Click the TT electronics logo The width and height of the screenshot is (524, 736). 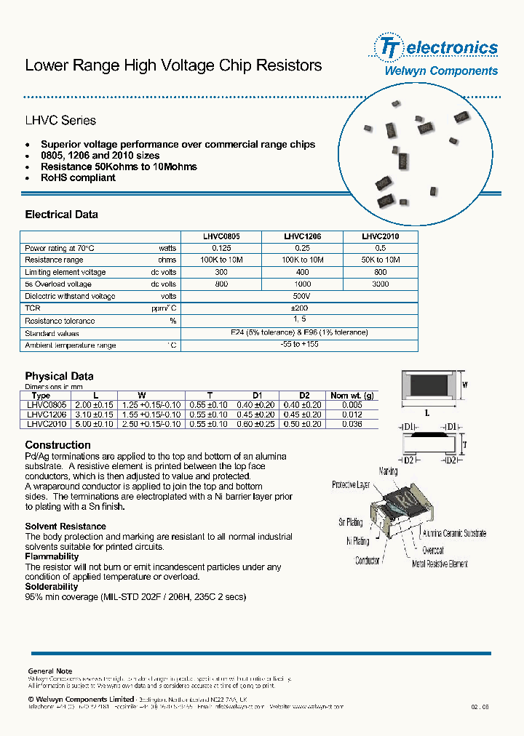436,48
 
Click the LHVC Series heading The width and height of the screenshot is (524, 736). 60,121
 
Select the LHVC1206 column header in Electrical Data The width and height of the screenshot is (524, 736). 302,236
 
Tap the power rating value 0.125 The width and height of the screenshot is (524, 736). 221,249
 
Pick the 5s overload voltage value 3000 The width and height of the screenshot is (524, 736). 380,284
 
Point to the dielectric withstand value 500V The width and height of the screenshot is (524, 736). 301,297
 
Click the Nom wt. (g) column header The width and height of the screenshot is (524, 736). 352,396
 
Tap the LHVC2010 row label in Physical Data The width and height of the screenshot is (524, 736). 47,423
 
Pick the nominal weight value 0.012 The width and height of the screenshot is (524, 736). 352,415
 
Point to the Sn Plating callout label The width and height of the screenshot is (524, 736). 350,522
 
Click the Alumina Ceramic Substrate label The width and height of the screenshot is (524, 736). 454,533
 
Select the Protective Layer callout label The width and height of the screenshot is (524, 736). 351,484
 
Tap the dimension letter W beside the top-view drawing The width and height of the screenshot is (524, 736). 465,385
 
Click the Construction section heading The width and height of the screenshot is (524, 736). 58,445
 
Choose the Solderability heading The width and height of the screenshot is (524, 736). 52,586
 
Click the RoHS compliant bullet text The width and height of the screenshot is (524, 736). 78,177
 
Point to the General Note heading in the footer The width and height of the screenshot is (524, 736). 50,671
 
